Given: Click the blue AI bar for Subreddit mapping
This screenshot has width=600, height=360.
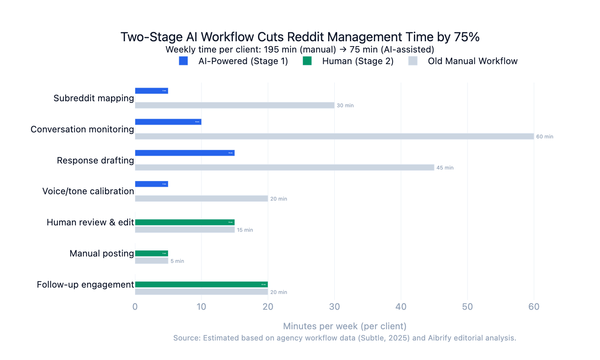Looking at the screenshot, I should coord(151,91).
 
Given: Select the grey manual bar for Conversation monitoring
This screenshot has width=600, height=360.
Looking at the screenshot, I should coord(334,136).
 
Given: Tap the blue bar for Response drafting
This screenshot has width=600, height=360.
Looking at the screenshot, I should coord(184,153).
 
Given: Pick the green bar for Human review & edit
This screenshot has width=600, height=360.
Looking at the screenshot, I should coord(184,222).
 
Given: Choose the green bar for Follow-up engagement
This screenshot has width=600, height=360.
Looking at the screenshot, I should coord(201,285).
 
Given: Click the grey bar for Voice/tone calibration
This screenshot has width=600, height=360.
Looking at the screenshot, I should coord(201,199).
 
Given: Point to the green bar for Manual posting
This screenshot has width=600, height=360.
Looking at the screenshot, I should coord(151,253).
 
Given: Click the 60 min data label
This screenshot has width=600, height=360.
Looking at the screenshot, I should coord(544,136).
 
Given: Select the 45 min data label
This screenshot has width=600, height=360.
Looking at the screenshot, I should coord(445,168).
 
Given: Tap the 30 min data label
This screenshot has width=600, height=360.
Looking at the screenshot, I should coord(345,105).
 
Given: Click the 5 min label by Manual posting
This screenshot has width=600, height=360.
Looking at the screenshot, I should coord(177,261).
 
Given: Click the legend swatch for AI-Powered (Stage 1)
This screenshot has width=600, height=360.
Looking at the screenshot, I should coord(183,61).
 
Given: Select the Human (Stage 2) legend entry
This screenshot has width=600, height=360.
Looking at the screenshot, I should coord(357,61).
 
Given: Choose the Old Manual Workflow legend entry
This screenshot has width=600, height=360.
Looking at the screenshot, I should coord(472,61).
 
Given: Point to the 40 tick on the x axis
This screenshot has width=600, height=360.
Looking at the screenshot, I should coord(401,307).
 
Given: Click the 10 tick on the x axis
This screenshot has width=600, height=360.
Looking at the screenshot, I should coord(201,307).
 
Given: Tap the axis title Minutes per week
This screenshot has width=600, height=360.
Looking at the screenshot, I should coord(345,326).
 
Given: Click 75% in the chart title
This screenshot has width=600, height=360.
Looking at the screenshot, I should coord(466,37).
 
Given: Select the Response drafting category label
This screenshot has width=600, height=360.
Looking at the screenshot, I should coord(95,160).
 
